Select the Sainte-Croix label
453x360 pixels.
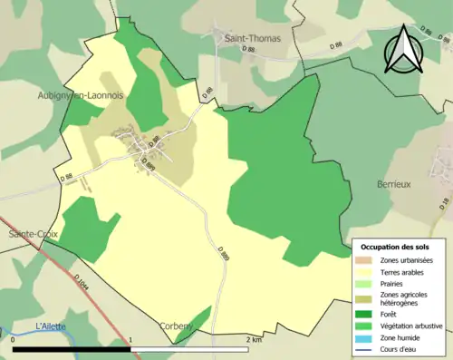pos(33,233)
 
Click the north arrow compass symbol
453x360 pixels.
pos(404,50)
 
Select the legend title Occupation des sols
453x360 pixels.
pos(395,246)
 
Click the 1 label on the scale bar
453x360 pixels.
pos(132,340)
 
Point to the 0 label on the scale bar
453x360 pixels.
pos(14,340)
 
